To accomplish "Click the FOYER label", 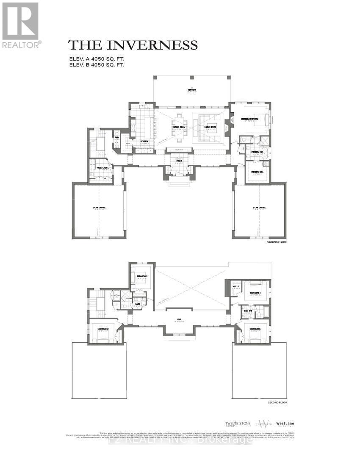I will click(180, 160).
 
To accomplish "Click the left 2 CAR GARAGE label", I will click(98, 208).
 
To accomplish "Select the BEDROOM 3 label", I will click(142, 276).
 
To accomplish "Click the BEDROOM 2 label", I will click(103, 329).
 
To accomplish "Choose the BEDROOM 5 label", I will click(255, 329).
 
